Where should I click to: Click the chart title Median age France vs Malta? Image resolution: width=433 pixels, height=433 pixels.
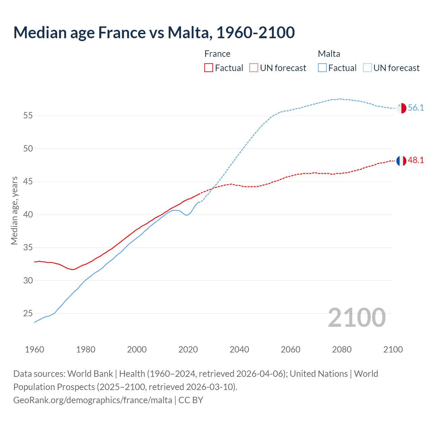tap(154, 32)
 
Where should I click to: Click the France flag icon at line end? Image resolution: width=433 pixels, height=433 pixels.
tap(401, 161)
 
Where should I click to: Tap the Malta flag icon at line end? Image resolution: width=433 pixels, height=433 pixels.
tap(401, 108)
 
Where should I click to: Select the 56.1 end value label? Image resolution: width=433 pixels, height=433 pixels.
tap(416, 108)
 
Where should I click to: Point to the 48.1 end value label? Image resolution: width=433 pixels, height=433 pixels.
tap(416, 160)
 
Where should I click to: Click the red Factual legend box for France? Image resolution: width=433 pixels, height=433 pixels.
tap(209, 68)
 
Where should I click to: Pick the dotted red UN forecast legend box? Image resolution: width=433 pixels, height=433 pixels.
tap(254, 68)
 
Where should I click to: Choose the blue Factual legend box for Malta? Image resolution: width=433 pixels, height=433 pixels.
tap(322, 68)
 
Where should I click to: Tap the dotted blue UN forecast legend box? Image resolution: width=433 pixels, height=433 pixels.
tap(367, 68)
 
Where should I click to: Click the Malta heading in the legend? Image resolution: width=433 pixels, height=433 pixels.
tap(329, 54)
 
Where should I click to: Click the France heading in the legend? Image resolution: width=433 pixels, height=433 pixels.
tap(217, 54)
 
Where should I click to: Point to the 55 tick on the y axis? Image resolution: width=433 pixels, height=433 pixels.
tap(28, 116)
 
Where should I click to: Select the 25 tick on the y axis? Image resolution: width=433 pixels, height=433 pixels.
tap(28, 314)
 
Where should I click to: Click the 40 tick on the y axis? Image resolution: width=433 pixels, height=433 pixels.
tap(28, 215)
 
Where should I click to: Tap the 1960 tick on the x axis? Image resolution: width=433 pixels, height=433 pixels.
tap(35, 349)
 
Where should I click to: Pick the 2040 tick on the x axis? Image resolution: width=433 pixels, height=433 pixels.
tap(239, 349)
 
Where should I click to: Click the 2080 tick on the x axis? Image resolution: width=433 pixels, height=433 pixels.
tap(342, 349)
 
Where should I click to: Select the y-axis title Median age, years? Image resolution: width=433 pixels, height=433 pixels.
tap(14, 210)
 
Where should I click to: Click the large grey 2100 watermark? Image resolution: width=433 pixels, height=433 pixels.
tap(357, 317)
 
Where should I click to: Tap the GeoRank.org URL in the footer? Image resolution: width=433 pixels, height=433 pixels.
tap(93, 400)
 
